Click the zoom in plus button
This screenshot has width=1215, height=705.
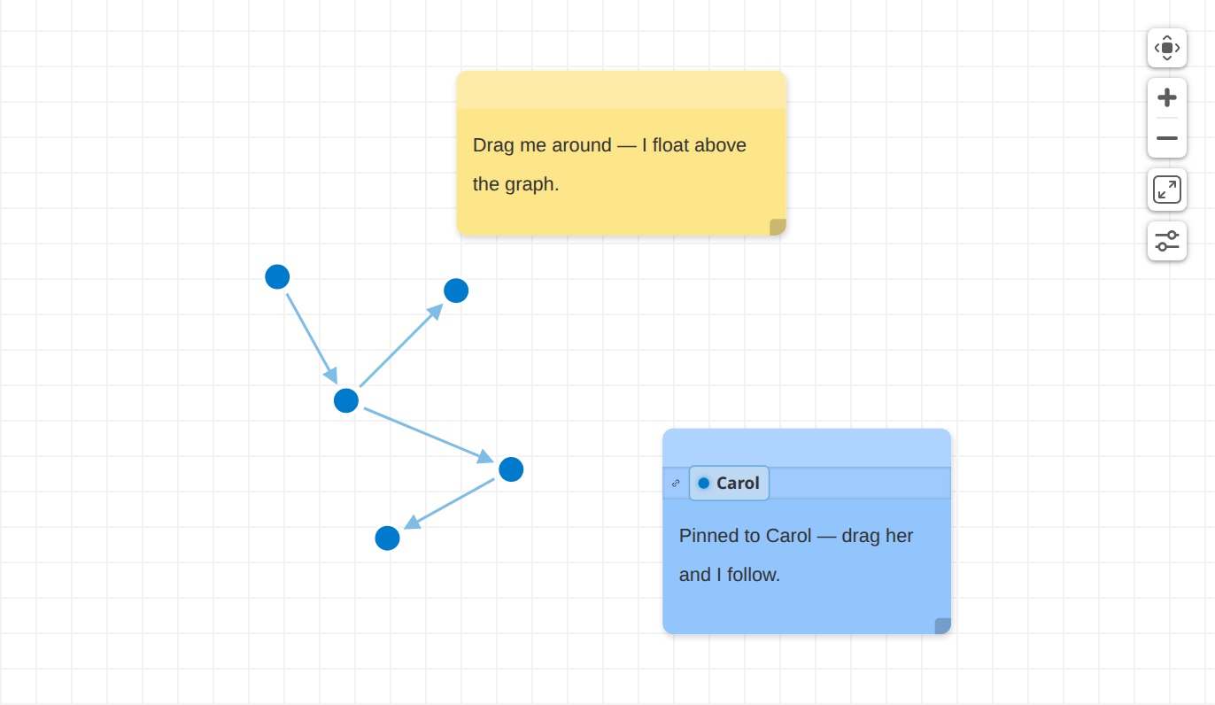tap(1166, 98)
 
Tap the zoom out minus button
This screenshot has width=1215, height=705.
tap(1166, 138)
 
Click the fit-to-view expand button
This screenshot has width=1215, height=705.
tap(1166, 190)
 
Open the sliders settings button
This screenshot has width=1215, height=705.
tap(1166, 241)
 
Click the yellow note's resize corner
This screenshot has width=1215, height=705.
tap(778, 227)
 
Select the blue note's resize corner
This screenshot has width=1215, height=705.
tap(943, 626)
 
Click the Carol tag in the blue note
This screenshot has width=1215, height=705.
tap(729, 483)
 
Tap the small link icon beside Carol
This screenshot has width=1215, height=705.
tap(676, 484)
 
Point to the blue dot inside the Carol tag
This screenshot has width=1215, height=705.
tap(703, 484)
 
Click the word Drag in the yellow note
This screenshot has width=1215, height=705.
tap(493, 145)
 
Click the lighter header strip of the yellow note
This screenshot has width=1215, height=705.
tap(621, 90)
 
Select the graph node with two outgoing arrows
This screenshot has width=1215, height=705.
tap(346, 400)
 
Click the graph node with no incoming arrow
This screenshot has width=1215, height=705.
tap(277, 277)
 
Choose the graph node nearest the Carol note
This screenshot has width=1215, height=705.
tap(511, 469)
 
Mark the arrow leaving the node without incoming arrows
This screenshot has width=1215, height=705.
tap(312, 339)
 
